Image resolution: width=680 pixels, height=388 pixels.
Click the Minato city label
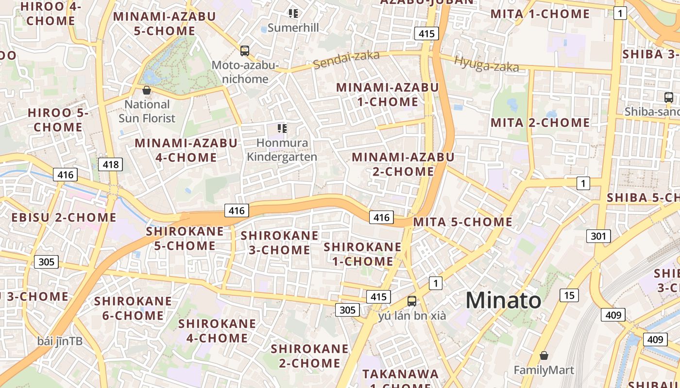pos(503,300)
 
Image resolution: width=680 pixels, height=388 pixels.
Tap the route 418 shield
pos(111,164)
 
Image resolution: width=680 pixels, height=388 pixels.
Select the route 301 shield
pos(598,236)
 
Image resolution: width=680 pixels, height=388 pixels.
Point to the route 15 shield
pos(569,294)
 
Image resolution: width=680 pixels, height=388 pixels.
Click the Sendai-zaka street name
pos(346,60)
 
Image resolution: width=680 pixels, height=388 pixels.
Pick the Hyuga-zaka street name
pos(486,64)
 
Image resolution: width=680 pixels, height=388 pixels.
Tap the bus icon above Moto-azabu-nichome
pos(245,50)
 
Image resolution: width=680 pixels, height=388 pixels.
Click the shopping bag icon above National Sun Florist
pos(147,90)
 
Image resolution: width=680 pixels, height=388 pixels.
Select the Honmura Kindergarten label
pos(282,149)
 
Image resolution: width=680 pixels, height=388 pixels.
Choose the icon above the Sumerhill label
pos(293,14)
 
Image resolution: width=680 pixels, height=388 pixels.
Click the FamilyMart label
pos(544,371)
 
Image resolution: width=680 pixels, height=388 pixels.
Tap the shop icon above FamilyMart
pos(544,356)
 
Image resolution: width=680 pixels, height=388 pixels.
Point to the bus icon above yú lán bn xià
pos(412,301)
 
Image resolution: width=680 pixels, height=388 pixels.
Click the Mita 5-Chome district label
pos(462,222)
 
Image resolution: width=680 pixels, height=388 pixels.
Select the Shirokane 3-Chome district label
pos(280,242)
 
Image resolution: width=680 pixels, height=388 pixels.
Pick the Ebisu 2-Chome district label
pos(64,217)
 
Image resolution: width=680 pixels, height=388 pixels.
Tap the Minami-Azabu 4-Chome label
pos(186,150)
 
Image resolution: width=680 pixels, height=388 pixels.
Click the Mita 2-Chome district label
pos(540,123)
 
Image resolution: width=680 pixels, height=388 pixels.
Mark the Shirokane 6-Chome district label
pos(133,308)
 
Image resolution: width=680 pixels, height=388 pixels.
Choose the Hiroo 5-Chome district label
pos(58,120)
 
